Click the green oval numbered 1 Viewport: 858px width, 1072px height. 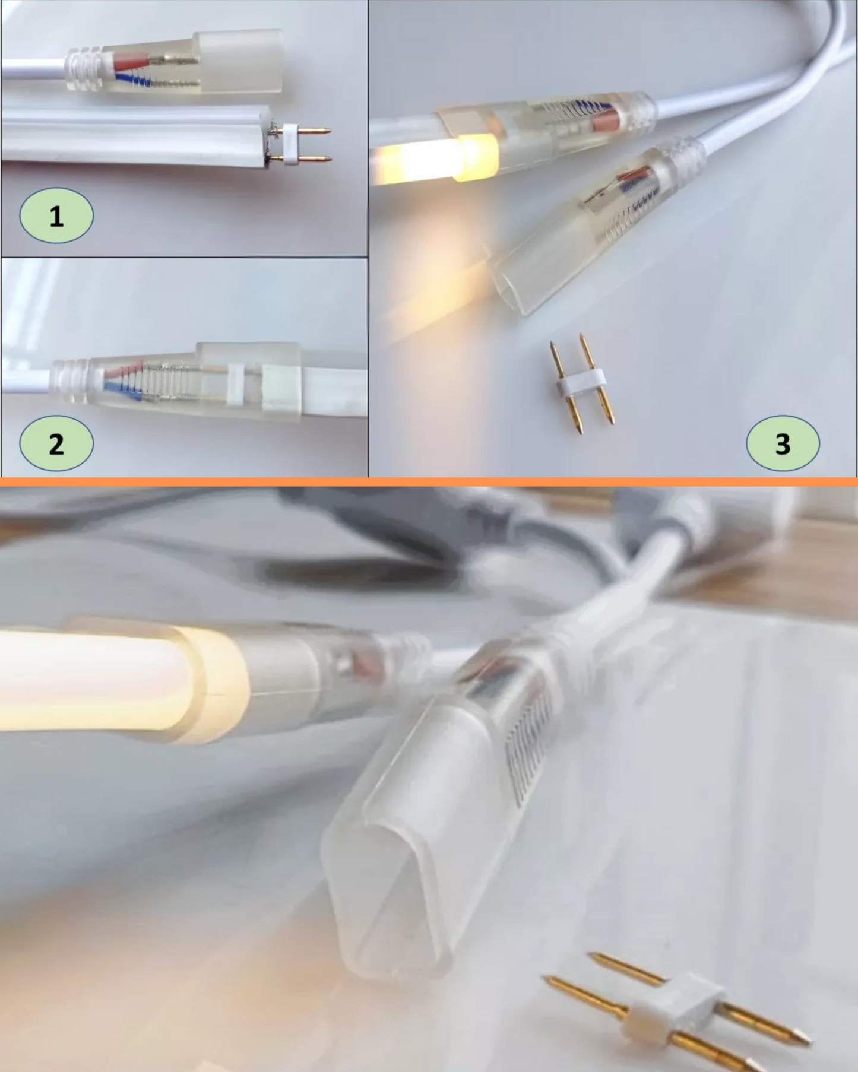(56, 215)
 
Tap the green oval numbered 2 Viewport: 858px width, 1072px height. (56, 443)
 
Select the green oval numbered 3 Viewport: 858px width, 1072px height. (783, 443)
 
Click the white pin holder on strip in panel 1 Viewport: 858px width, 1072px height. (291, 144)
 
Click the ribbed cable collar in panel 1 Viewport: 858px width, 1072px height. (84, 69)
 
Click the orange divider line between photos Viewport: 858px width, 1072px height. (429, 481)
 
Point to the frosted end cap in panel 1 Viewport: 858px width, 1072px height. (238, 61)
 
